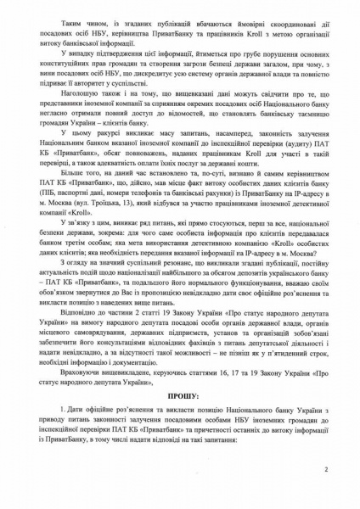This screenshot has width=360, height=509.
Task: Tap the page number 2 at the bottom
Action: pyautogui.click(x=325, y=469)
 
